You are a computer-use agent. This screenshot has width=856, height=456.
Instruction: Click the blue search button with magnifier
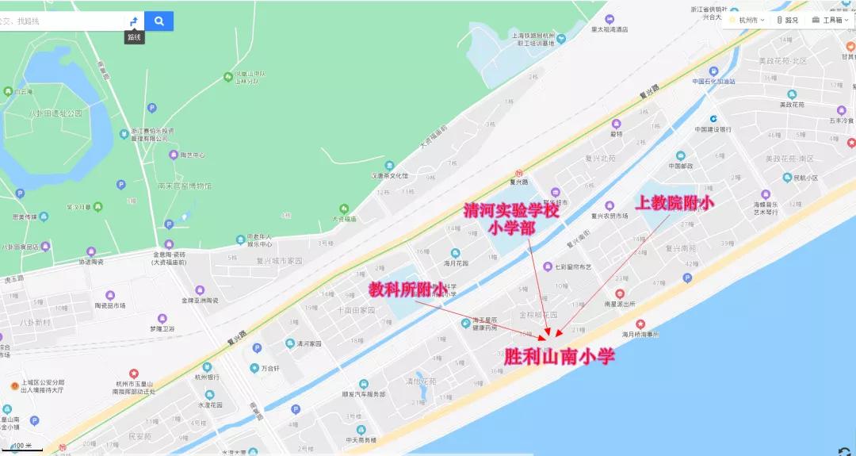(x=159, y=21)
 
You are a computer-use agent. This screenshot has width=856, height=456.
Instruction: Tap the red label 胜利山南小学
(x=560, y=356)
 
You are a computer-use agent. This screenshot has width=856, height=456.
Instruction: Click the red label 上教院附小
(x=674, y=203)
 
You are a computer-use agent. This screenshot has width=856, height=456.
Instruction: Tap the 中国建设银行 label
(x=713, y=129)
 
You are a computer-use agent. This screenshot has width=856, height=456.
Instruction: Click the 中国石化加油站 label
(x=713, y=81)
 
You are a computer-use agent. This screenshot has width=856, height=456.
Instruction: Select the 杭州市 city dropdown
(x=751, y=20)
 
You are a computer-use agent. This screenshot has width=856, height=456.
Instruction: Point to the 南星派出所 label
(x=620, y=303)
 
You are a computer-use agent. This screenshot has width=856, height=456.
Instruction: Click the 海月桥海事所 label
(x=640, y=334)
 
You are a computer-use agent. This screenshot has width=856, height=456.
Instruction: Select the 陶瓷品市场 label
(x=110, y=305)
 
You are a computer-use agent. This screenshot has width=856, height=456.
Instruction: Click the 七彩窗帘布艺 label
(x=573, y=267)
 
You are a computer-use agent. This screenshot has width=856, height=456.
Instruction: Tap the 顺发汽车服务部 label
(x=364, y=393)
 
